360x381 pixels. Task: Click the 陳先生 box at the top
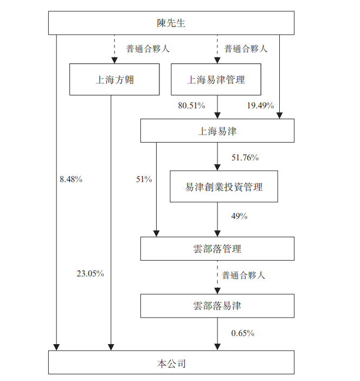click(171, 23)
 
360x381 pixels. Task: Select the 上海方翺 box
click(114, 80)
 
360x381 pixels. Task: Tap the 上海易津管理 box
click(216, 80)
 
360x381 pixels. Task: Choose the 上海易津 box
click(217, 131)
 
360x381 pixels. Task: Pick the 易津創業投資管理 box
click(224, 187)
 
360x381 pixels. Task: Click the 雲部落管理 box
click(217, 249)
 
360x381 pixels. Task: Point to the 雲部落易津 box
click(217, 306)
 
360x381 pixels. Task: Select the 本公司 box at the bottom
click(171, 363)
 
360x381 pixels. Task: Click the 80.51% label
click(191, 106)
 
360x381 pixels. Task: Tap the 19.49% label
click(260, 106)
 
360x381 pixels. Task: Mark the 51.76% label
click(245, 158)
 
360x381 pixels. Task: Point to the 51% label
click(144, 179)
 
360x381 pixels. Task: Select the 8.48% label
click(71, 179)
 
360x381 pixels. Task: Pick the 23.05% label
click(90, 274)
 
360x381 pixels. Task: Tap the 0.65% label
click(242, 333)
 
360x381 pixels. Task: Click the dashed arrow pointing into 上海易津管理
click(217, 49)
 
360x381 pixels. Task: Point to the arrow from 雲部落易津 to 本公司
click(217, 334)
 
